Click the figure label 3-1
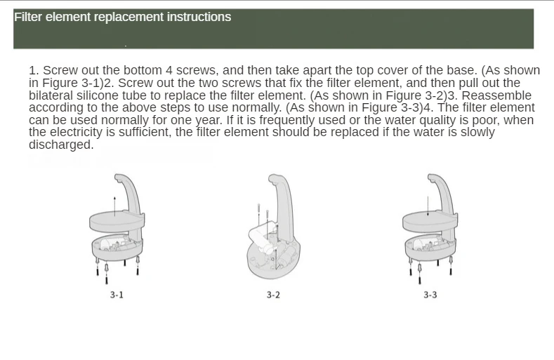(x=117, y=295)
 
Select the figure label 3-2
(x=273, y=295)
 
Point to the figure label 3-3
(x=430, y=295)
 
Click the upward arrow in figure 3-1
(x=115, y=206)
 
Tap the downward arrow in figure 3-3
(x=428, y=206)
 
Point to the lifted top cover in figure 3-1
(x=117, y=221)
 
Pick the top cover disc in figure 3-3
(x=430, y=221)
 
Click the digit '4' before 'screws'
(x=169, y=70)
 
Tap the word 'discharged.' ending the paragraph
(x=61, y=145)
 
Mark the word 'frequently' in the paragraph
(x=287, y=120)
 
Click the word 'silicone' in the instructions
(x=98, y=95)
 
